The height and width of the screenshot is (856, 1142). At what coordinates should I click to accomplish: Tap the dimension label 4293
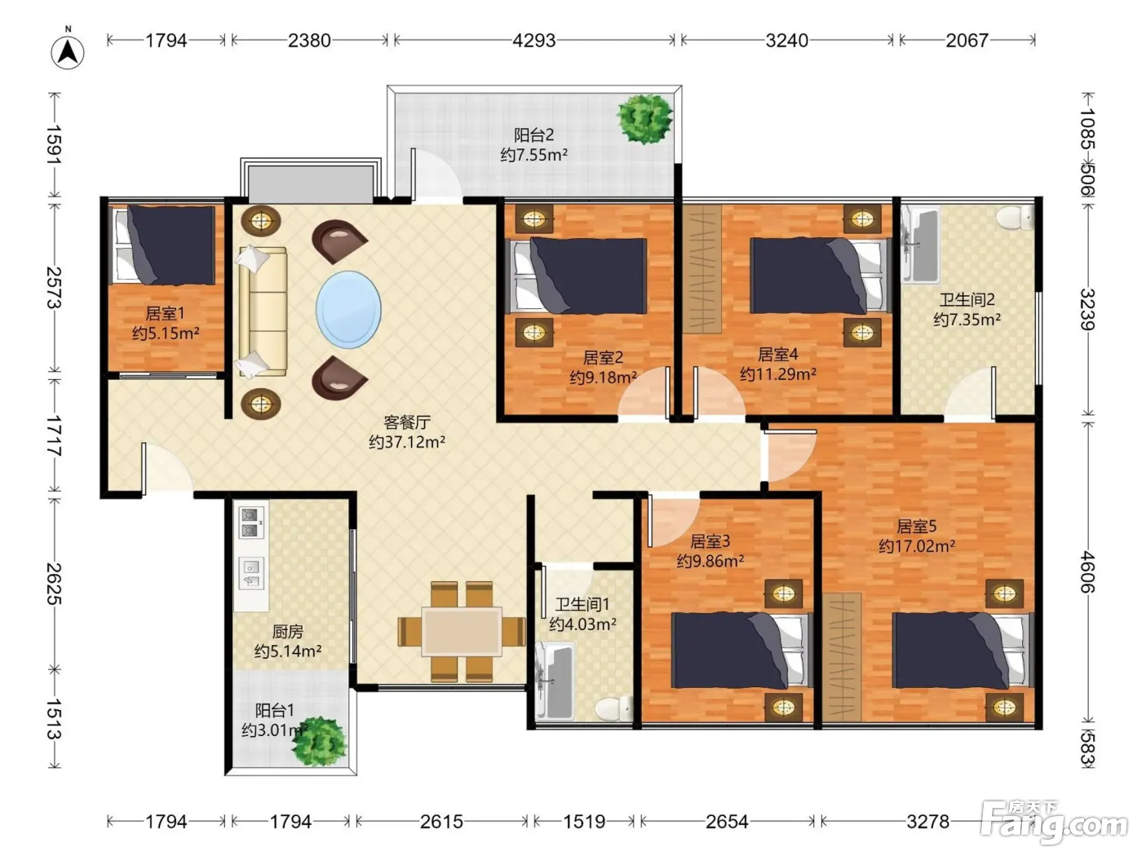533,41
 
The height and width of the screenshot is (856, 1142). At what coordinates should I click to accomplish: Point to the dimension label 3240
786,41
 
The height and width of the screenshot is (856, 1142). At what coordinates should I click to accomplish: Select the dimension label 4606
1087,572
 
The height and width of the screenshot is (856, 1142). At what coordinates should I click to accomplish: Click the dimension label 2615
442,822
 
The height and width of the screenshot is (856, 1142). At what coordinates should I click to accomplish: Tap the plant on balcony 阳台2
644,119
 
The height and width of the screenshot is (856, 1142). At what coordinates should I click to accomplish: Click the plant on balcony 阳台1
319,741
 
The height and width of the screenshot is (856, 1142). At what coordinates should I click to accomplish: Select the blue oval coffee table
348,310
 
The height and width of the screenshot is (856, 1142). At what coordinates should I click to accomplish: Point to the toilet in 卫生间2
1014,217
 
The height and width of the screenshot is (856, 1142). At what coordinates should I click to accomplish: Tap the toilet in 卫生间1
613,708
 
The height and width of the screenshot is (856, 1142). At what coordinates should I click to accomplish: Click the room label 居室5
916,526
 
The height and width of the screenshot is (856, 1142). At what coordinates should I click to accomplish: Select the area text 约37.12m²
407,443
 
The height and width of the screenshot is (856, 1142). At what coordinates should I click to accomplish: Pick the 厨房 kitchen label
287,632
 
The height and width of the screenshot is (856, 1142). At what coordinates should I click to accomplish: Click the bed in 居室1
165,245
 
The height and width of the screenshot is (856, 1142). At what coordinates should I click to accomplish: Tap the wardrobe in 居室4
702,269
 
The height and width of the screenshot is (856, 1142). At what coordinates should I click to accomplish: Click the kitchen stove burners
250,522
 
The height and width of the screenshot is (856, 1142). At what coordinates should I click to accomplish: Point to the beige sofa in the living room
263,311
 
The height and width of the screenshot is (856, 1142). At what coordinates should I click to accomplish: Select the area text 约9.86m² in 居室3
710,562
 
